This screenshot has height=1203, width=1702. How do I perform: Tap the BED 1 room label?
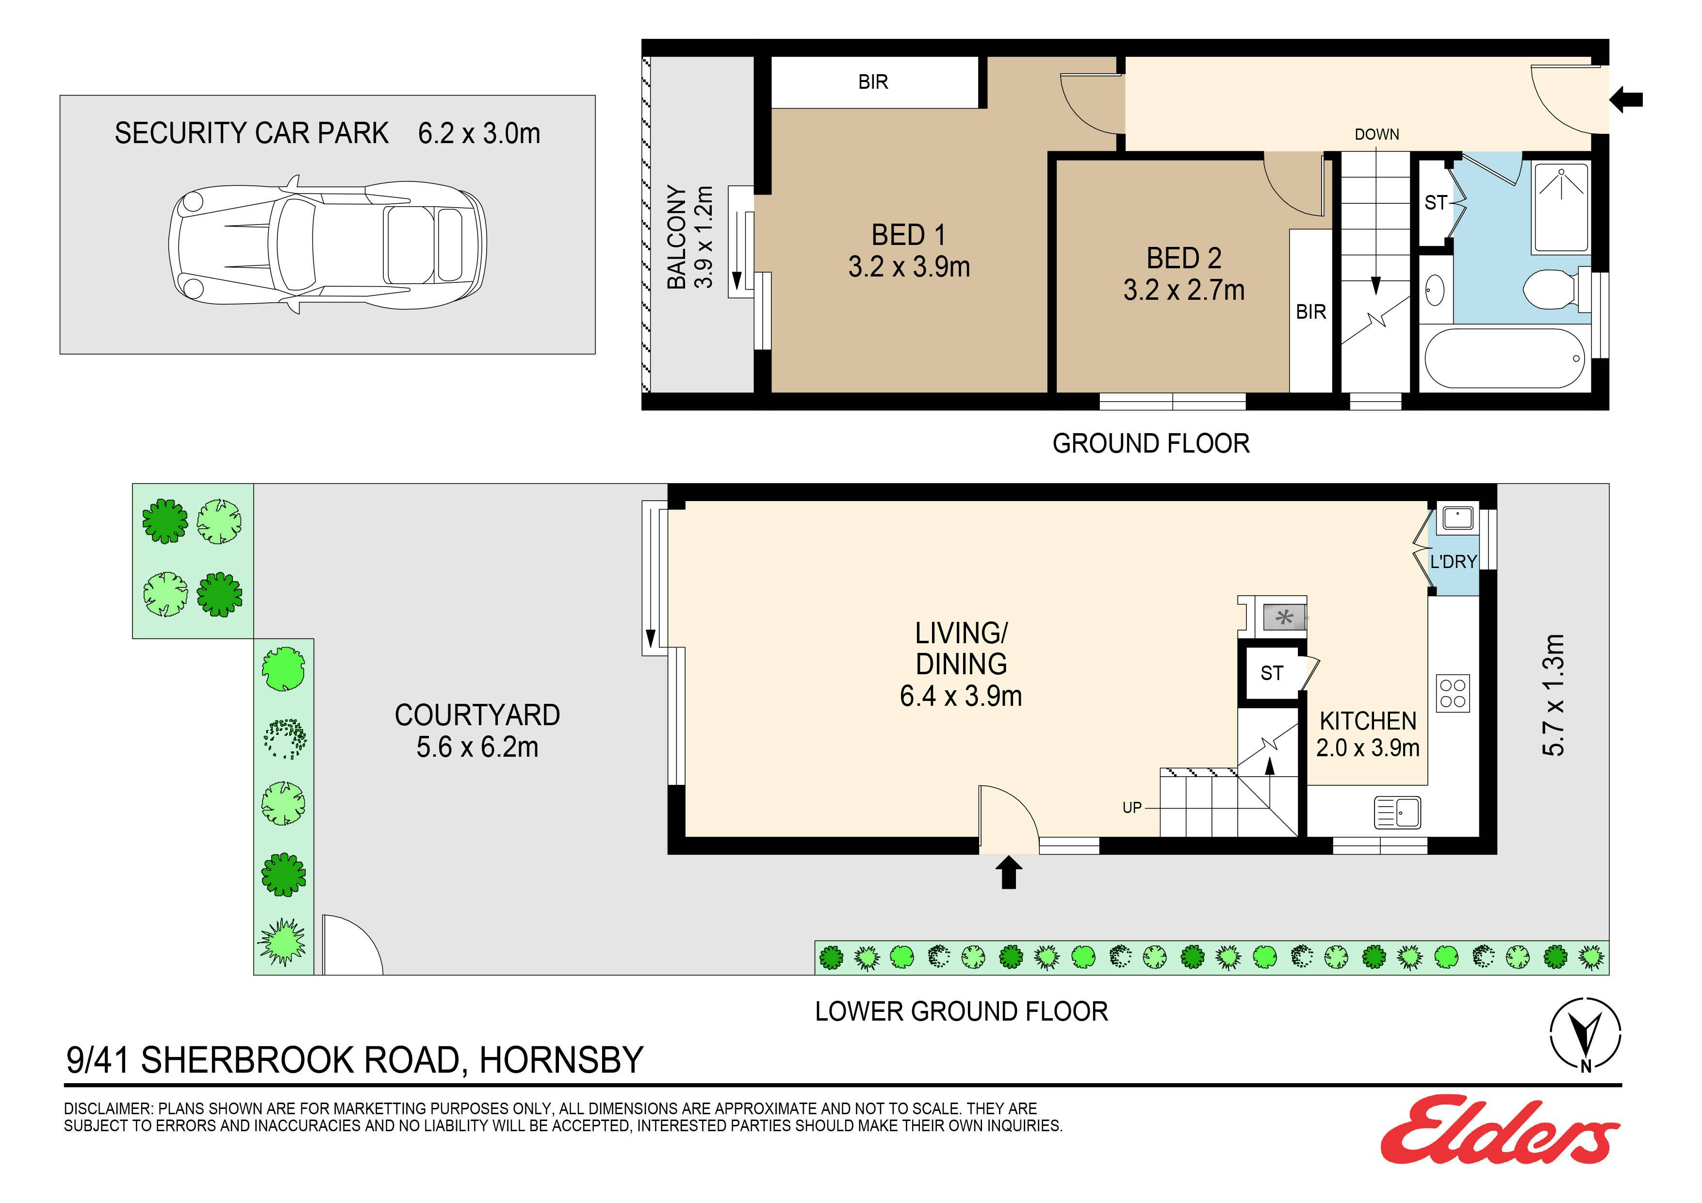[x=909, y=250]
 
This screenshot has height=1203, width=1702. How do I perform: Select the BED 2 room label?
[x=1184, y=274]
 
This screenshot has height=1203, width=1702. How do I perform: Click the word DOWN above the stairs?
[x=1376, y=135]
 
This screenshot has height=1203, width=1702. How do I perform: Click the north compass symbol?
[x=1586, y=1035]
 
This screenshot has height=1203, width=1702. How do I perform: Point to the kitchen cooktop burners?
[x=1453, y=693]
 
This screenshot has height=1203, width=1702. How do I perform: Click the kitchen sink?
[x=1397, y=813]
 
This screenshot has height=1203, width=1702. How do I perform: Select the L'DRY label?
[x=1453, y=562]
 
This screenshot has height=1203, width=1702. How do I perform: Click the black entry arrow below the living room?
[x=1008, y=872]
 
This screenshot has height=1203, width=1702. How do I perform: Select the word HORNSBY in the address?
[x=561, y=1060]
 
